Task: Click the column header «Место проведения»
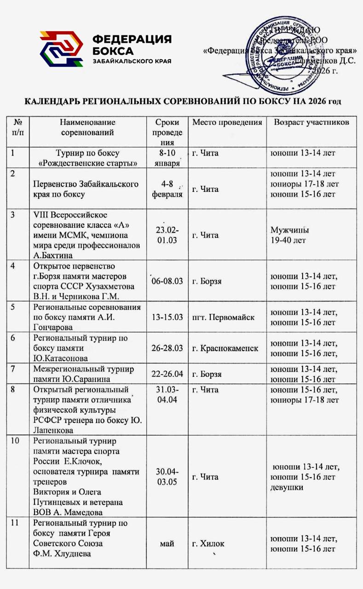pyautogui.click(x=227, y=122)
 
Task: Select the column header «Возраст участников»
pyautogui.click(x=312, y=122)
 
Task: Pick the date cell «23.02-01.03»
pyautogui.click(x=167, y=235)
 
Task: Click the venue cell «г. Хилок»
pyautogui.click(x=208, y=544)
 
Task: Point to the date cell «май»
pyautogui.click(x=167, y=544)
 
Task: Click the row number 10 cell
pyautogui.click(x=15, y=441)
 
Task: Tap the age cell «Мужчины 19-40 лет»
pyautogui.click(x=289, y=235)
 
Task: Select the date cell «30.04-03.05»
pyautogui.click(x=167, y=477)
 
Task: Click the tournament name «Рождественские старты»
pyautogui.click(x=88, y=163)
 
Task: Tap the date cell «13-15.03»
pyautogui.click(x=167, y=317)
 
